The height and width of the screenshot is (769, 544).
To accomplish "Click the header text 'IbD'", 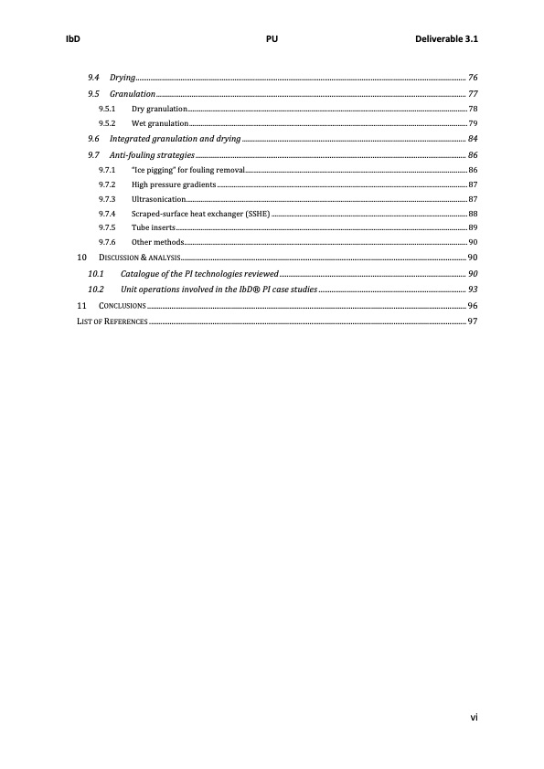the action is (x=69, y=40).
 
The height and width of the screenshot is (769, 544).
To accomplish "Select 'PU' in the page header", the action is (x=272, y=40).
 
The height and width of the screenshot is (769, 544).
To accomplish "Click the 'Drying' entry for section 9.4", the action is (x=123, y=78).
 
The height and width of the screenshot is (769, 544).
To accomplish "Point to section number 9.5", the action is (x=93, y=94).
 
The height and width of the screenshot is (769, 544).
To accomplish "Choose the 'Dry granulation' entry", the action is (x=159, y=109).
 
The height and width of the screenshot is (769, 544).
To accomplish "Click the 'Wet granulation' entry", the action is (x=160, y=122).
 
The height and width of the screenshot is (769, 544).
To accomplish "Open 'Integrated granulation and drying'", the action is (x=175, y=139).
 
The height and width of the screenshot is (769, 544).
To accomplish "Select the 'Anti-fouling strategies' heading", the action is (x=152, y=155).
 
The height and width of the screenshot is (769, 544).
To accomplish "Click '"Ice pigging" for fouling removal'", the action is (x=187, y=170).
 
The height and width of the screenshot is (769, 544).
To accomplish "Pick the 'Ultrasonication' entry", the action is (x=159, y=198).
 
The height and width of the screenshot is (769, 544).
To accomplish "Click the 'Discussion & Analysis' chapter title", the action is (x=139, y=258).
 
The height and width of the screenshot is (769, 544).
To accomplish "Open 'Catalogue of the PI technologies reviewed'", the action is (x=199, y=273).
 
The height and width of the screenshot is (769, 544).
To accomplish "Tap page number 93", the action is (x=473, y=289).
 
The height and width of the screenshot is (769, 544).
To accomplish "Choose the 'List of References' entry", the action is (x=112, y=321).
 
